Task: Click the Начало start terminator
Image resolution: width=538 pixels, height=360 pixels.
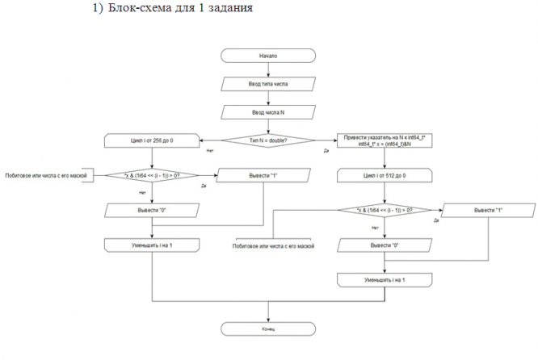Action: coord(268,56)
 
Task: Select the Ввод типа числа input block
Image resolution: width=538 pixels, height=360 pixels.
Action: coord(268,83)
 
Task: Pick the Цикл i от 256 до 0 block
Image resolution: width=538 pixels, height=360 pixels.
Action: coord(152,140)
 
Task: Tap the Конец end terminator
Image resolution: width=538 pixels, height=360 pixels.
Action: coord(268,329)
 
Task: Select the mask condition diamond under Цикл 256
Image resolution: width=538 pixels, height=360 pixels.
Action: coord(152,174)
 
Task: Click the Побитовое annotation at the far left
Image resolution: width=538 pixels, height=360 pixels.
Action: coord(46,175)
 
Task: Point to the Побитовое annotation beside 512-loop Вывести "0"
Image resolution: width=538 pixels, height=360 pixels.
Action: coord(275,245)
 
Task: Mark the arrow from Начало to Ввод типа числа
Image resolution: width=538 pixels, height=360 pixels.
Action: coord(268,69)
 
